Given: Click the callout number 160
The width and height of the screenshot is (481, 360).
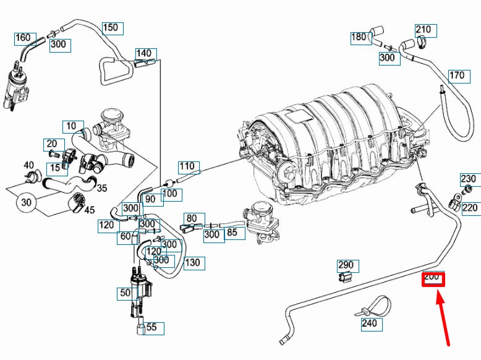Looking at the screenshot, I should point(23,38).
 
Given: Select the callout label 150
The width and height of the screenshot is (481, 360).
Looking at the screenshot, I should point(110,28).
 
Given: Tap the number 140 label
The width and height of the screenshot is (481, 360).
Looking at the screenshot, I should point(143,53).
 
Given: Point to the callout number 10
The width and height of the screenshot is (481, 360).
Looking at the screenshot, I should point(71,126).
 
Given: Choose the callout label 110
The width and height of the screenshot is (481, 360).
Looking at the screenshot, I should point(187,166).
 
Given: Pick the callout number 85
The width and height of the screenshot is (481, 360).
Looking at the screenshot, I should point(232,233).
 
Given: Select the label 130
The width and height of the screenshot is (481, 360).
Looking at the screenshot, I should point(193,262).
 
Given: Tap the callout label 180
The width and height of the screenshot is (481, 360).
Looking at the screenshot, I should point(359,37).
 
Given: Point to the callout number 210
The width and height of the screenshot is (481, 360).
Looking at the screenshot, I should point(424,30).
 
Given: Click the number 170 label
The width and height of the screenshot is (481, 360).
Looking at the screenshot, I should point(456,76).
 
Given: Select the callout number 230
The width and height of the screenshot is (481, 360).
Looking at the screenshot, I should point(469,179).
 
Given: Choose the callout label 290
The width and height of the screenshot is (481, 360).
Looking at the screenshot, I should point(345,266).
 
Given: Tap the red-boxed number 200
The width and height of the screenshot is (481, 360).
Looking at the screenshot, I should point(432,278).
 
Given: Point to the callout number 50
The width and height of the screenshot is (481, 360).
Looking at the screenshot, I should point(126,293).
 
